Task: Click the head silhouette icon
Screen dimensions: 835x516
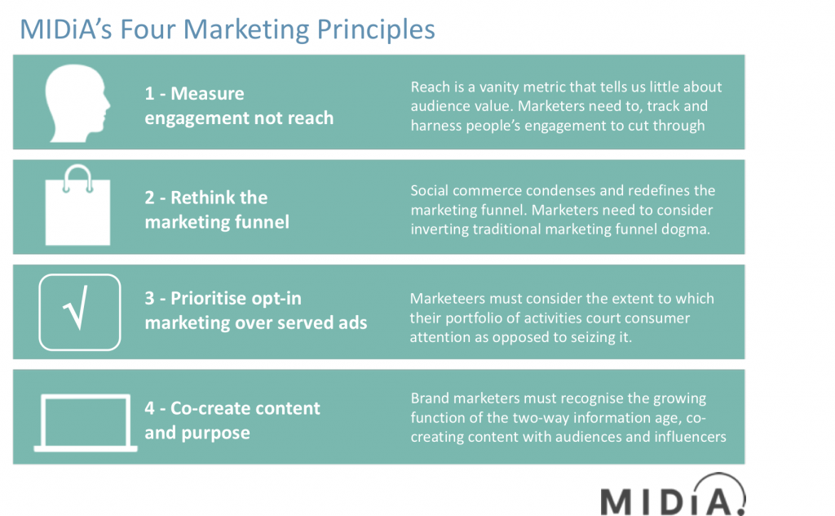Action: (x=77, y=103)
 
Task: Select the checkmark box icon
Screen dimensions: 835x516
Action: (x=80, y=313)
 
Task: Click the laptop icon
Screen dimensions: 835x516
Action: (x=85, y=423)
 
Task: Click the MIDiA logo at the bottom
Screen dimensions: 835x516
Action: (x=673, y=495)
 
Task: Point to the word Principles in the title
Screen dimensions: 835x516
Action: (x=376, y=29)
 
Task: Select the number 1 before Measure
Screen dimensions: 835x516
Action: (x=149, y=94)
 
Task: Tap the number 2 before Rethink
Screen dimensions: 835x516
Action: (x=150, y=198)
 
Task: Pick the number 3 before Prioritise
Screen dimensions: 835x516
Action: (x=150, y=299)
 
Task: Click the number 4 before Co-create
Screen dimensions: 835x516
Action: (x=150, y=408)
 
